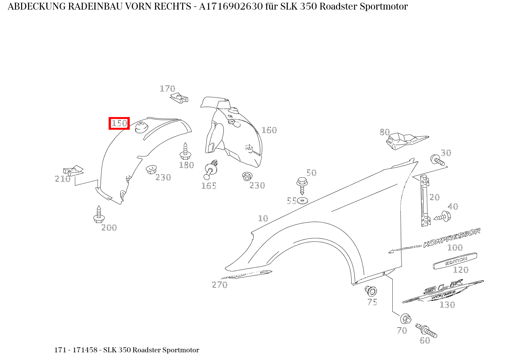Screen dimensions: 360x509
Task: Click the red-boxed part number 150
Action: [x=119, y=124]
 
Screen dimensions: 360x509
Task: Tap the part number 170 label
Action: [x=167, y=89]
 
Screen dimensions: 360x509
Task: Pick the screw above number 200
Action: [x=99, y=215]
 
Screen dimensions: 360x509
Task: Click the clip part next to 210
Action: [x=73, y=170]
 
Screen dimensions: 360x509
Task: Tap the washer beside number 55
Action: [x=302, y=200]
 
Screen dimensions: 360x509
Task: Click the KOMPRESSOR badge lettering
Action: [x=451, y=238]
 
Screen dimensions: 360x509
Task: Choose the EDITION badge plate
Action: [x=455, y=261]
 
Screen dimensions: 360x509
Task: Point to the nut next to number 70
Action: [x=406, y=319]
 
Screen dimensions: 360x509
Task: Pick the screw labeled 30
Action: [x=438, y=160]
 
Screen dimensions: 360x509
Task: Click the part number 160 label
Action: [x=269, y=130]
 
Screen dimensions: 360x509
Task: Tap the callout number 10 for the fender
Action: [x=263, y=218]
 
